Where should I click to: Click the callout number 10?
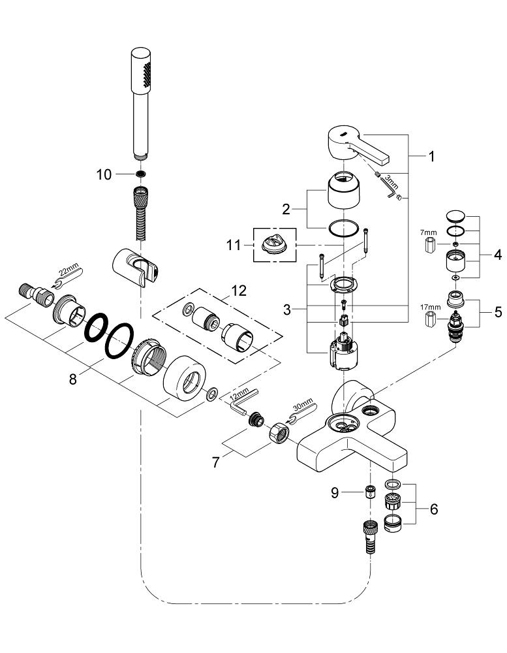click(x=104, y=174)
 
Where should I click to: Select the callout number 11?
click(x=234, y=245)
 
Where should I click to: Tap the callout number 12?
click(x=239, y=291)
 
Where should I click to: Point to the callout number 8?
click(x=73, y=379)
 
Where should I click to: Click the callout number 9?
click(x=335, y=492)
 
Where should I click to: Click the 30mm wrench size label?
click(x=303, y=404)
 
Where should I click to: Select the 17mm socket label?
click(x=430, y=308)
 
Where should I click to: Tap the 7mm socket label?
click(x=428, y=232)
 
